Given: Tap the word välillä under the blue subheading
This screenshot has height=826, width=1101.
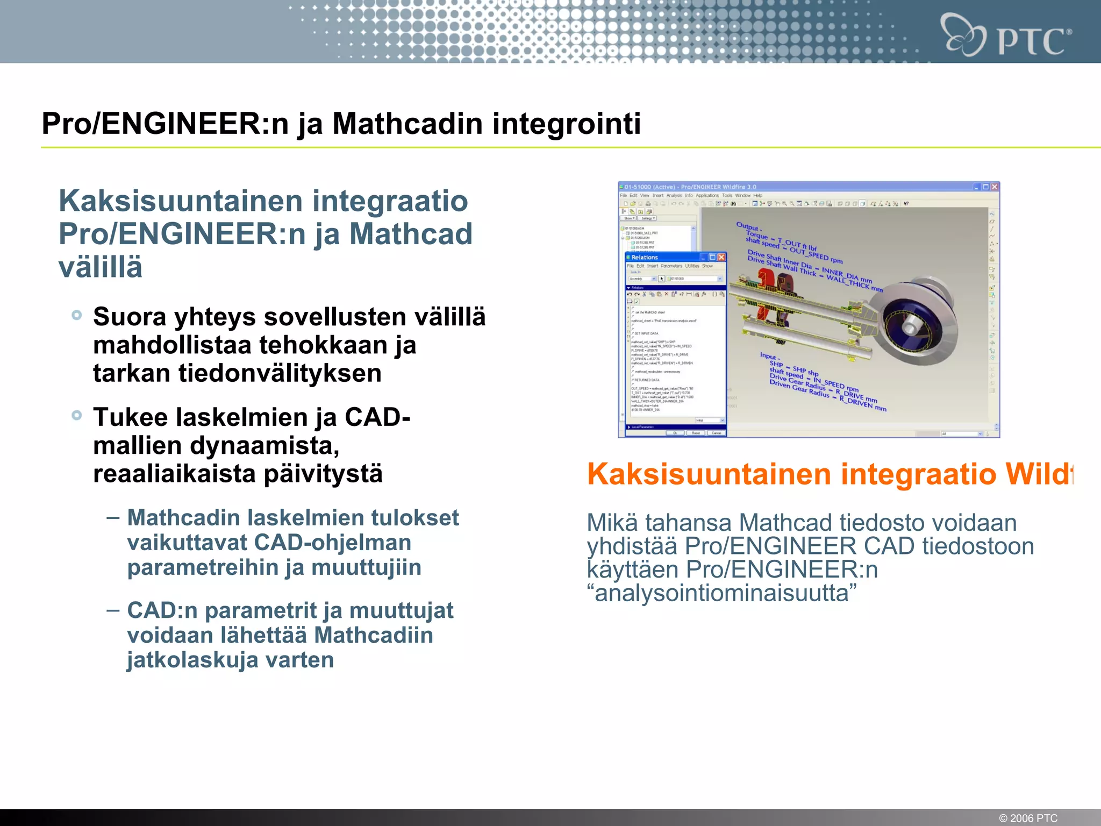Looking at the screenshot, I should coord(101,267).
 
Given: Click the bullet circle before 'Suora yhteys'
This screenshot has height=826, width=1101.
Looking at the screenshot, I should coord(77,315).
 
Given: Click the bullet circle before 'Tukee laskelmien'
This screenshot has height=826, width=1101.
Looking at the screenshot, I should coord(77,415).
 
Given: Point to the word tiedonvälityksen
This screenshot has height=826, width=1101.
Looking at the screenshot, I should coord(280,373).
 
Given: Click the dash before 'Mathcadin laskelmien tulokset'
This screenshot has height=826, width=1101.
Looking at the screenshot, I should coord(113,517).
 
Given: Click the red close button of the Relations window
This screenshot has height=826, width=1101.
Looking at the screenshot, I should coord(721,258).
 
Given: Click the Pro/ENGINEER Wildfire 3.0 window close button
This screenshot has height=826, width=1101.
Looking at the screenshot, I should coord(995,187).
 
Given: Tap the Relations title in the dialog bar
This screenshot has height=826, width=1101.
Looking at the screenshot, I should coord(645,258).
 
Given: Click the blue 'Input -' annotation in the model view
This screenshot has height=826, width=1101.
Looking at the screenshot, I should coord(770,356).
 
